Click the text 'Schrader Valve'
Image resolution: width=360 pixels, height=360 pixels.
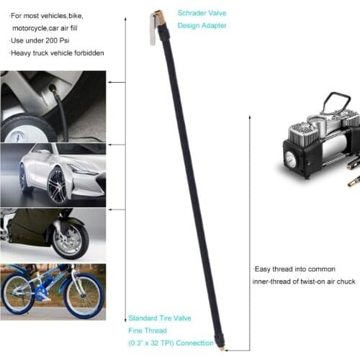click(x=202, y=12)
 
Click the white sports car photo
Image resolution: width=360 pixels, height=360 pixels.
click(x=53, y=173)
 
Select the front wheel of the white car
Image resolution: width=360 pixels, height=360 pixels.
click(x=57, y=186)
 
